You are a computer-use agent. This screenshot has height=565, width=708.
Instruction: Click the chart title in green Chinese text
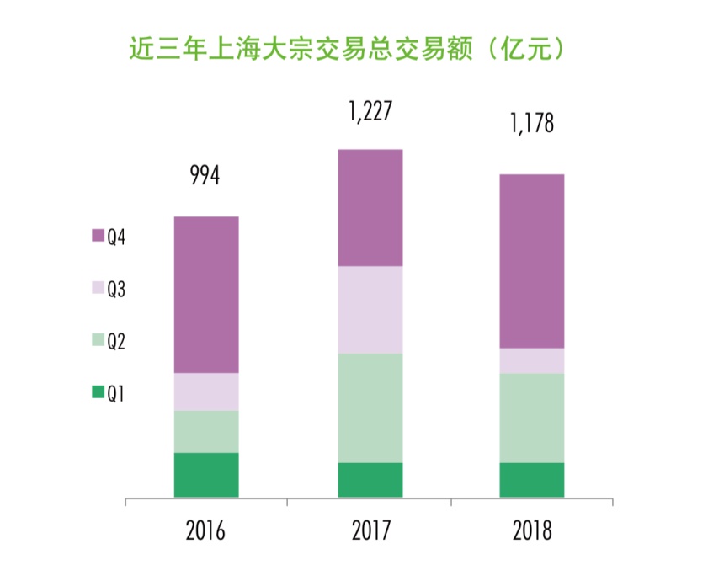point(346,49)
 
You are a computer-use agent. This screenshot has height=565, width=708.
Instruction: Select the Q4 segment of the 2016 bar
point(206,295)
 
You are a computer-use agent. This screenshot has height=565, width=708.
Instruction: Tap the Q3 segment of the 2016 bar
point(206,392)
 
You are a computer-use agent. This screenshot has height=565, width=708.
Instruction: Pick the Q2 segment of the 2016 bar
point(206,432)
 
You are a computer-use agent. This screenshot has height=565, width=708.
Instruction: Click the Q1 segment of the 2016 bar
point(206,475)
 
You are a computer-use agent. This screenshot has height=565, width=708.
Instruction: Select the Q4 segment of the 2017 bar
point(370,208)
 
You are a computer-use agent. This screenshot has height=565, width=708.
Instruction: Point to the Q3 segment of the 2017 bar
point(370,310)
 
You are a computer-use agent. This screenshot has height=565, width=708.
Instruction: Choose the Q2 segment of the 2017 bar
point(370,408)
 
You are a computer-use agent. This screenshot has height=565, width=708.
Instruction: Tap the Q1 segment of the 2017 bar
point(370,480)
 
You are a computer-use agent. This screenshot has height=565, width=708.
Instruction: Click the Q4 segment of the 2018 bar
point(532,262)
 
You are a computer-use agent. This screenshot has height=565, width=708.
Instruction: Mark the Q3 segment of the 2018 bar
point(532,361)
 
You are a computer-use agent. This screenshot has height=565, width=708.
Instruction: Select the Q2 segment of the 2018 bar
point(532,418)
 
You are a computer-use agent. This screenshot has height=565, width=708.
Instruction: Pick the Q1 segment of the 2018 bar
point(532,480)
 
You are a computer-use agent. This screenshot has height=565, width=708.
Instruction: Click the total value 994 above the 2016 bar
point(205,175)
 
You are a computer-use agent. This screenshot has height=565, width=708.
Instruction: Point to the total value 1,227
point(370,111)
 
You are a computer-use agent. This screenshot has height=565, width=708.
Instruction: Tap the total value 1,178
point(532,123)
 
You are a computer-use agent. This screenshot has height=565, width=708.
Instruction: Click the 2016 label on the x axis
point(205,530)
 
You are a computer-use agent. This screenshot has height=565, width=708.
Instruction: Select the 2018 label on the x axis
point(532,530)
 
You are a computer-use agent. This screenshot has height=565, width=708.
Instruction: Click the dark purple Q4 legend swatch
point(98,235)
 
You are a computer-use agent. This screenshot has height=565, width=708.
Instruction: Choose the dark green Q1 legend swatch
point(98,392)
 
